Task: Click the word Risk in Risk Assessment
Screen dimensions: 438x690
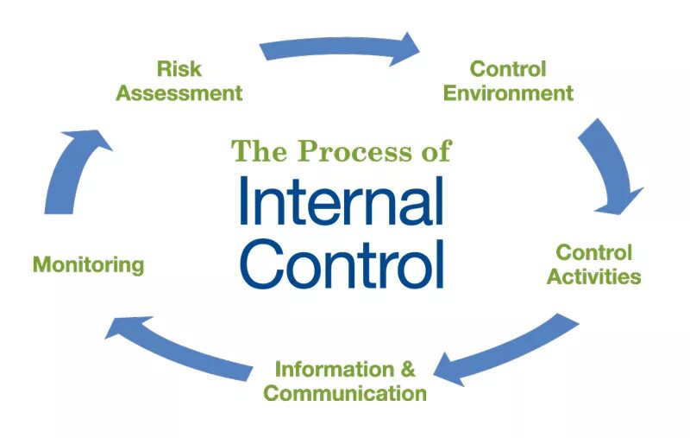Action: tap(178, 68)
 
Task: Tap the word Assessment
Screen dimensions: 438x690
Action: tap(179, 93)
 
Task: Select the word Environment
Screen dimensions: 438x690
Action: tap(508, 93)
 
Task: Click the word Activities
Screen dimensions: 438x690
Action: tap(594, 277)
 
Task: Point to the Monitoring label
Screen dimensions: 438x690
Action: tap(88, 264)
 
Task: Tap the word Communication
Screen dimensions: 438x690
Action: tap(345, 394)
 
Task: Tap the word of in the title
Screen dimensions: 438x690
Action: tap(434, 151)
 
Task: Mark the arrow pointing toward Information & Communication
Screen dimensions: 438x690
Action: tap(509, 350)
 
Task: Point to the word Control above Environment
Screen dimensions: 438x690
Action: tap(508, 68)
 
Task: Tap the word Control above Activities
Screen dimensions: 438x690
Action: tap(594, 253)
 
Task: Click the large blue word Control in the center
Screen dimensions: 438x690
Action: tap(342, 259)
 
